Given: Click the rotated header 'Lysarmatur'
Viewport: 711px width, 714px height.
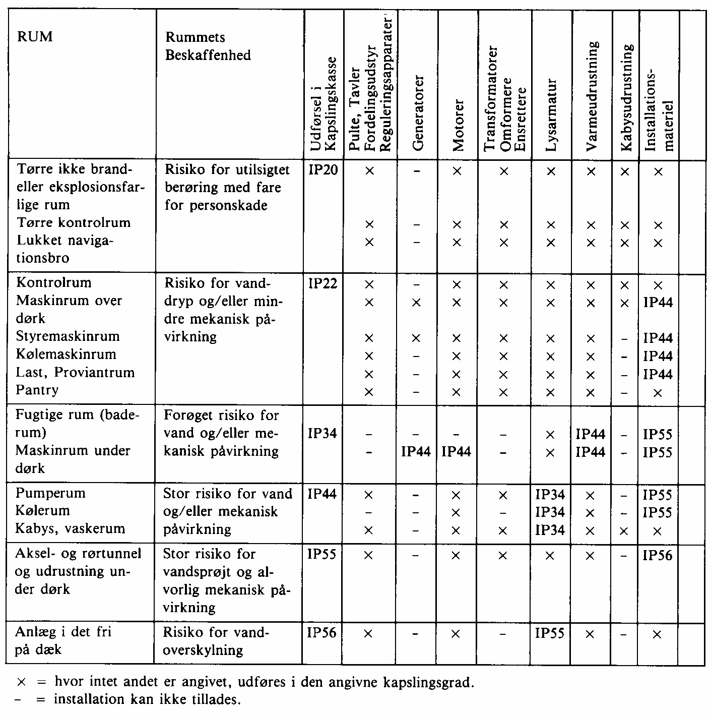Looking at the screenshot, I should [x=552, y=115].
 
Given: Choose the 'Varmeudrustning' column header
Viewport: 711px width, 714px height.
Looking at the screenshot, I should [x=593, y=96].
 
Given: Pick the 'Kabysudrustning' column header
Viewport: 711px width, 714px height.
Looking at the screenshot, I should [x=626, y=98].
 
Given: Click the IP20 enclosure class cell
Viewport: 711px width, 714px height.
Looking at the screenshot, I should [x=322, y=170].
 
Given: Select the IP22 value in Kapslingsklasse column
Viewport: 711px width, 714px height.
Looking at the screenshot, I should [x=322, y=283].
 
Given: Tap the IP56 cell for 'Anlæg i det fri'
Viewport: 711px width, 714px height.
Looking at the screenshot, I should [x=321, y=632].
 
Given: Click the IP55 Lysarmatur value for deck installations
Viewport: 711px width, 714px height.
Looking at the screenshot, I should [x=550, y=632].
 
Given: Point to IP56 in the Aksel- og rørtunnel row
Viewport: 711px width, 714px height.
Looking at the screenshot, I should [x=658, y=555].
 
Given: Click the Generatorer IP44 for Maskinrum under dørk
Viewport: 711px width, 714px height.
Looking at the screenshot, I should [x=416, y=451].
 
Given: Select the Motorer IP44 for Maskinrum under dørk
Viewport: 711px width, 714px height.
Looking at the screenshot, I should [x=456, y=451].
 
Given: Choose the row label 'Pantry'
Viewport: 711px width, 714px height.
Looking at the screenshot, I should [x=37, y=390].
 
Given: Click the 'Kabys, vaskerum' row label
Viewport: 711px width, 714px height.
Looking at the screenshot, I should [x=70, y=528].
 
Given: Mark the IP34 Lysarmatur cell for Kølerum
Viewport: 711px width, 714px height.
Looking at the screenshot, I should [x=550, y=512].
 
